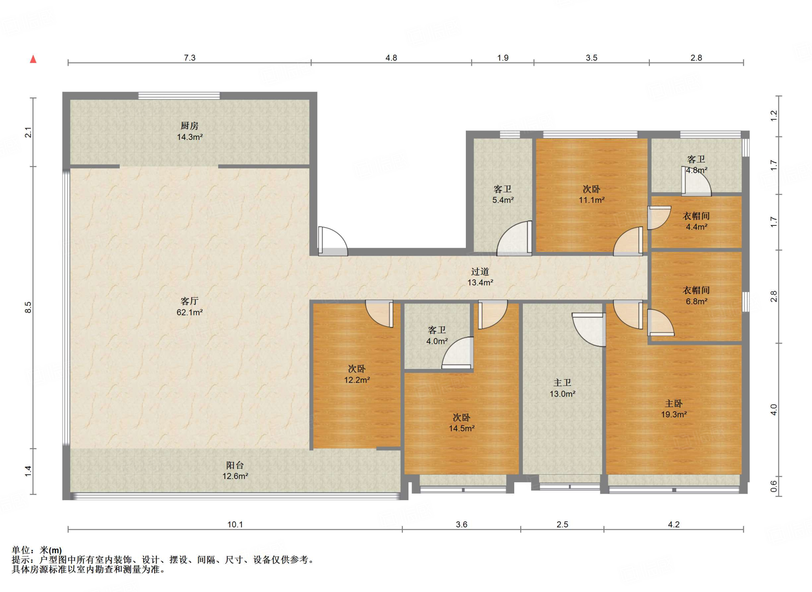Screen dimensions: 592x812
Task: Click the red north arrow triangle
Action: click(x=33, y=59)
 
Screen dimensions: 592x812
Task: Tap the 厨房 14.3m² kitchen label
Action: click(x=190, y=131)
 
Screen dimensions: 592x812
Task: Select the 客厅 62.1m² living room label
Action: click(x=190, y=307)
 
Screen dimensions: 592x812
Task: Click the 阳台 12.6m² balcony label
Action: click(x=235, y=471)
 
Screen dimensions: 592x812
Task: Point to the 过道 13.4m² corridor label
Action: click(x=480, y=277)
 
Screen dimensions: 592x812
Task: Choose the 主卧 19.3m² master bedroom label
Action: click(x=674, y=409)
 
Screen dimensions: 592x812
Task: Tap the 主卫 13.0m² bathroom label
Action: click(x=562, y=388)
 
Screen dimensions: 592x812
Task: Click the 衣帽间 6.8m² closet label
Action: click(x=696, y=296)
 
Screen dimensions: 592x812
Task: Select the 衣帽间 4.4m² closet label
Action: click(x=696, y=221)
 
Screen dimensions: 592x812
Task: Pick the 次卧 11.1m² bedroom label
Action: click(x=591, y=195)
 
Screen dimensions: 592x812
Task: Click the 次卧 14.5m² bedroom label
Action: click(x=462, y=423)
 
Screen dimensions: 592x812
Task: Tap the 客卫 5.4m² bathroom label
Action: click(x=503, y=195)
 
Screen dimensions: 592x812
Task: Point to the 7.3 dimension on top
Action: click(x=190, y=58)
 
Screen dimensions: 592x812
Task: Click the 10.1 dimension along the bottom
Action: click(x=235, y=525)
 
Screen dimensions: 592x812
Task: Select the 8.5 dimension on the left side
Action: click(x=28, y=307)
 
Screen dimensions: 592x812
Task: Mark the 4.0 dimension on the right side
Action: click(x=774, y=410)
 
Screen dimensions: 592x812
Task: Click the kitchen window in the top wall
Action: click(x=179, y=95)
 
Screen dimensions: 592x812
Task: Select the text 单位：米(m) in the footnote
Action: click(x=37, y=550)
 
